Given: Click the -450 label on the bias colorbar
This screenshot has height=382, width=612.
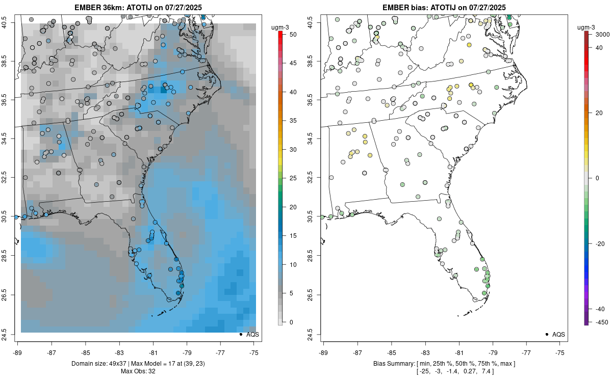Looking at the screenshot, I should pos(594,321).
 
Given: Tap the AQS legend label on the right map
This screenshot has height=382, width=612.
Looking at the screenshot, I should pos(559,335).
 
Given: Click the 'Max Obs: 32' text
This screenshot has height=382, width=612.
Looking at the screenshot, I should pos(138,371).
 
